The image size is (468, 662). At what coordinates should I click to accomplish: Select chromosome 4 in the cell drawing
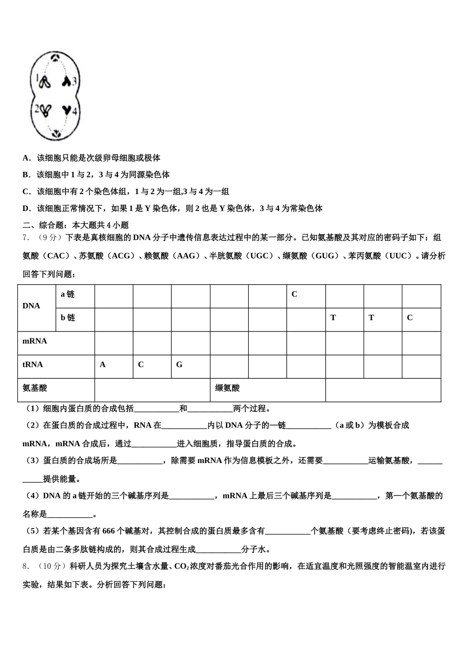pyautogui.click(x=67, y=110)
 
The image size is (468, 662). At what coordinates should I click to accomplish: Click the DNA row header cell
pyautogui.click(x=32, y=306)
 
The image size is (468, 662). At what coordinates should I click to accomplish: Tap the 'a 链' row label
pyautogui.click(x=67, y=295)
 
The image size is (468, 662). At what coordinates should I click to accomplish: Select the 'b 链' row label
pyautogui.click(x=67, y=318)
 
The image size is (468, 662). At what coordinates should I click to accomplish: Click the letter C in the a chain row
pyautogui.click(x=295, y=295)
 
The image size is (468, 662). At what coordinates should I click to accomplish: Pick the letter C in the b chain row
pyautogui.click(x=409, y=318)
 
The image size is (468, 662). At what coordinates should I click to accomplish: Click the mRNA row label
pyautogui.click(x=35, y=341)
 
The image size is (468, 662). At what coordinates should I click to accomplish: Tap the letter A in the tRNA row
pyautogui.click(x=102, y=365)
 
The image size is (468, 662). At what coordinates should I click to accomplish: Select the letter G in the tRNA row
pyautogui.click(x=179, y=365)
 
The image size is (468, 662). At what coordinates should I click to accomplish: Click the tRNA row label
pyautogui.click(x=33, y=365)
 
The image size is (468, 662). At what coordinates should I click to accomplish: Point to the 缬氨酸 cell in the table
pyautogui.click(x=228, y=388)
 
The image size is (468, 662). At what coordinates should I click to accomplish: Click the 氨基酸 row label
pyautogui.click(x=35, y=388)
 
